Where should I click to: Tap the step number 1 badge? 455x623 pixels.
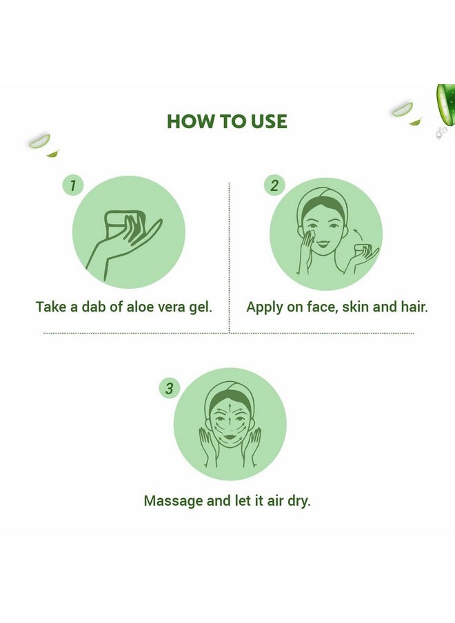pyautogui.click(x=73, y=185)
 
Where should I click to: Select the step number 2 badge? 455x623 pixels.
pyautogui.click(x=274, y=185)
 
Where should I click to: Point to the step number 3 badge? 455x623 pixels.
pyautogui.click(x=170, y=388)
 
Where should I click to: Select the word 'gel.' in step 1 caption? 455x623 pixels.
pyautogui.click(x=201, y=308)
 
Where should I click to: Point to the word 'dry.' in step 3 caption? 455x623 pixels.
pyautogui.click(x=299, y=501)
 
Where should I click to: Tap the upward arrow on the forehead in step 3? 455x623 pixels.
pyautogui.click(x=230, y=409)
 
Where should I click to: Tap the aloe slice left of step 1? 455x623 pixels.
pyautogui.click(x=39, y=141)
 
